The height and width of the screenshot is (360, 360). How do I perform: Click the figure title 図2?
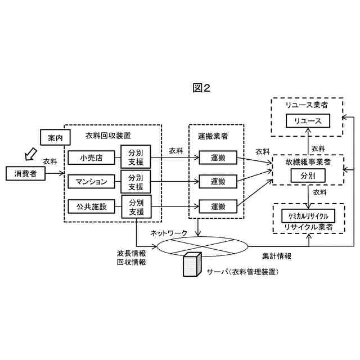(x=201, y=88)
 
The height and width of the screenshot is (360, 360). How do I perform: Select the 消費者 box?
(x=25, y=174)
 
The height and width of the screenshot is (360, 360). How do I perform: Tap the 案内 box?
(x=55, y=137)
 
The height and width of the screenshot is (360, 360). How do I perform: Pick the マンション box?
(x=91, y=182)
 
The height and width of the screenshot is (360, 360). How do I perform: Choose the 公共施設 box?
(x=91, y=206)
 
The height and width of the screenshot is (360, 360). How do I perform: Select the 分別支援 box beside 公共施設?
(x=136, y=206)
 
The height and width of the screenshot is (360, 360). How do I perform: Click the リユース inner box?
(x=307, y=121)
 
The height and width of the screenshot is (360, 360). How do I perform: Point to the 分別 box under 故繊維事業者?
(x=307, y=175)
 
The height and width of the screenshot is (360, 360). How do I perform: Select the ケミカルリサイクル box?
(x=308, y=216)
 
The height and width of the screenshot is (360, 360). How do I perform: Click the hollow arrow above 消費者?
(x=26, y=152)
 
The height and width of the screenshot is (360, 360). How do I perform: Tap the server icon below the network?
(x=192, y=264)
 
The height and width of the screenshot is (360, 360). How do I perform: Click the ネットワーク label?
(x=168, y=233)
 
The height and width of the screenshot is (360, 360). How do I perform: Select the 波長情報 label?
(x=131, y=253)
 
